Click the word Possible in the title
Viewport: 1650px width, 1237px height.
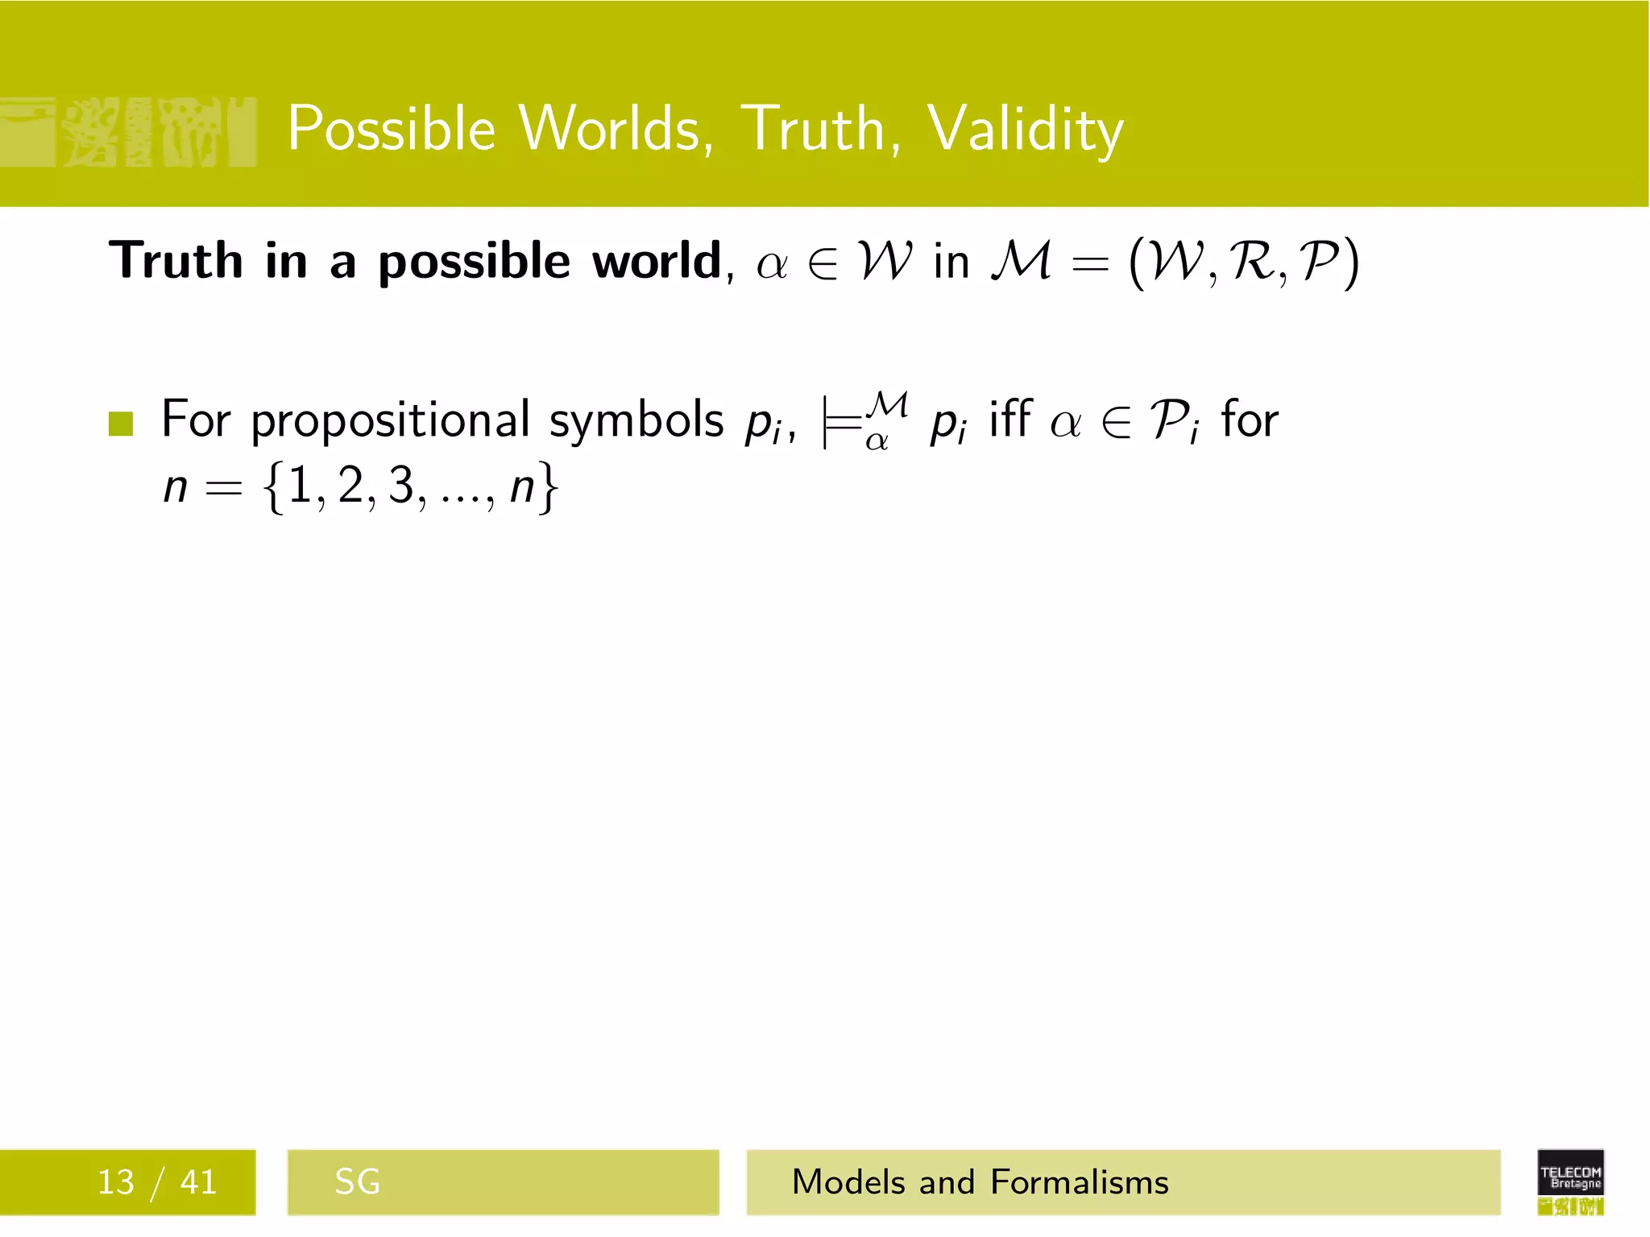point(392,129)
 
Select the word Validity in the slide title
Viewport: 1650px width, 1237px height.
point(1025,129)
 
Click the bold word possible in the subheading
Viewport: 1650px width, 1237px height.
point(475,263)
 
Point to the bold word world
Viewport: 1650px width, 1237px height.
point(657,261)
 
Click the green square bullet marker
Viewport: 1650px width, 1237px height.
point(121,423)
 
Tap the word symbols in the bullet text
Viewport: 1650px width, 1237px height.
point(636,420)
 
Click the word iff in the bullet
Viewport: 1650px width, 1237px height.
point(1010,419)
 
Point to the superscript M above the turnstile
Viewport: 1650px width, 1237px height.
point(889,403)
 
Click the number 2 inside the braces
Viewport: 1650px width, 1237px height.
point(350,486)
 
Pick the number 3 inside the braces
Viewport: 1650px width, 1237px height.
point(401,486)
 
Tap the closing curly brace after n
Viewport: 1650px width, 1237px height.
point(548,487)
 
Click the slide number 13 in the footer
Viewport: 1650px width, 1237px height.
point(115,1182)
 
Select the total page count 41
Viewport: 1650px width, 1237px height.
point(198,1182)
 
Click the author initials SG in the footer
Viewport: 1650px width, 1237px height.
point(357,1182)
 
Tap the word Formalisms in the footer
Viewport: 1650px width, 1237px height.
point(1079,1182)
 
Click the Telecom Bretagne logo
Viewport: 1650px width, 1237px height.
point(1570,1181)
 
